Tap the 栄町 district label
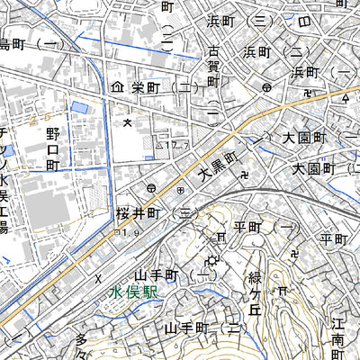click(x=145, y=88)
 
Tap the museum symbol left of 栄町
click(x=116, y=88)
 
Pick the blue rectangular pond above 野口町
click(x=79, y=108)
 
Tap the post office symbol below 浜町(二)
click(x=267, y=88)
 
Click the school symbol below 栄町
click(x=128, y=121)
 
